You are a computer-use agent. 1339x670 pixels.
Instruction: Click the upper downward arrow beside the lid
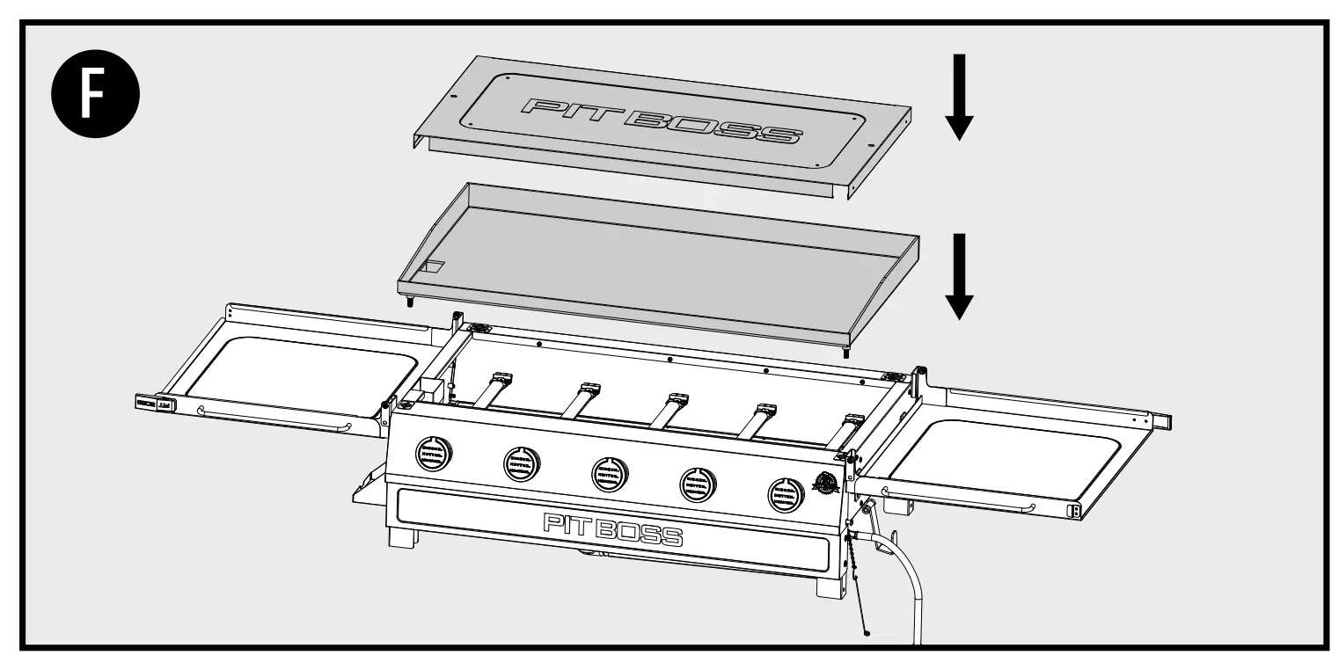959,97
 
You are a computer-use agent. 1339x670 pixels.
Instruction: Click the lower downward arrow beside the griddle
959,276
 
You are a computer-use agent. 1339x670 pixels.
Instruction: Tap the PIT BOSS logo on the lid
660,120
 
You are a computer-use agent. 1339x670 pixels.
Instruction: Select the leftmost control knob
433,455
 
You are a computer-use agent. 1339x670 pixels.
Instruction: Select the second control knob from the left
522,462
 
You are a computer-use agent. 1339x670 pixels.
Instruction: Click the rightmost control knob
786,493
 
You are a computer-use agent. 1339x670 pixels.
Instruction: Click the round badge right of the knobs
827,484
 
